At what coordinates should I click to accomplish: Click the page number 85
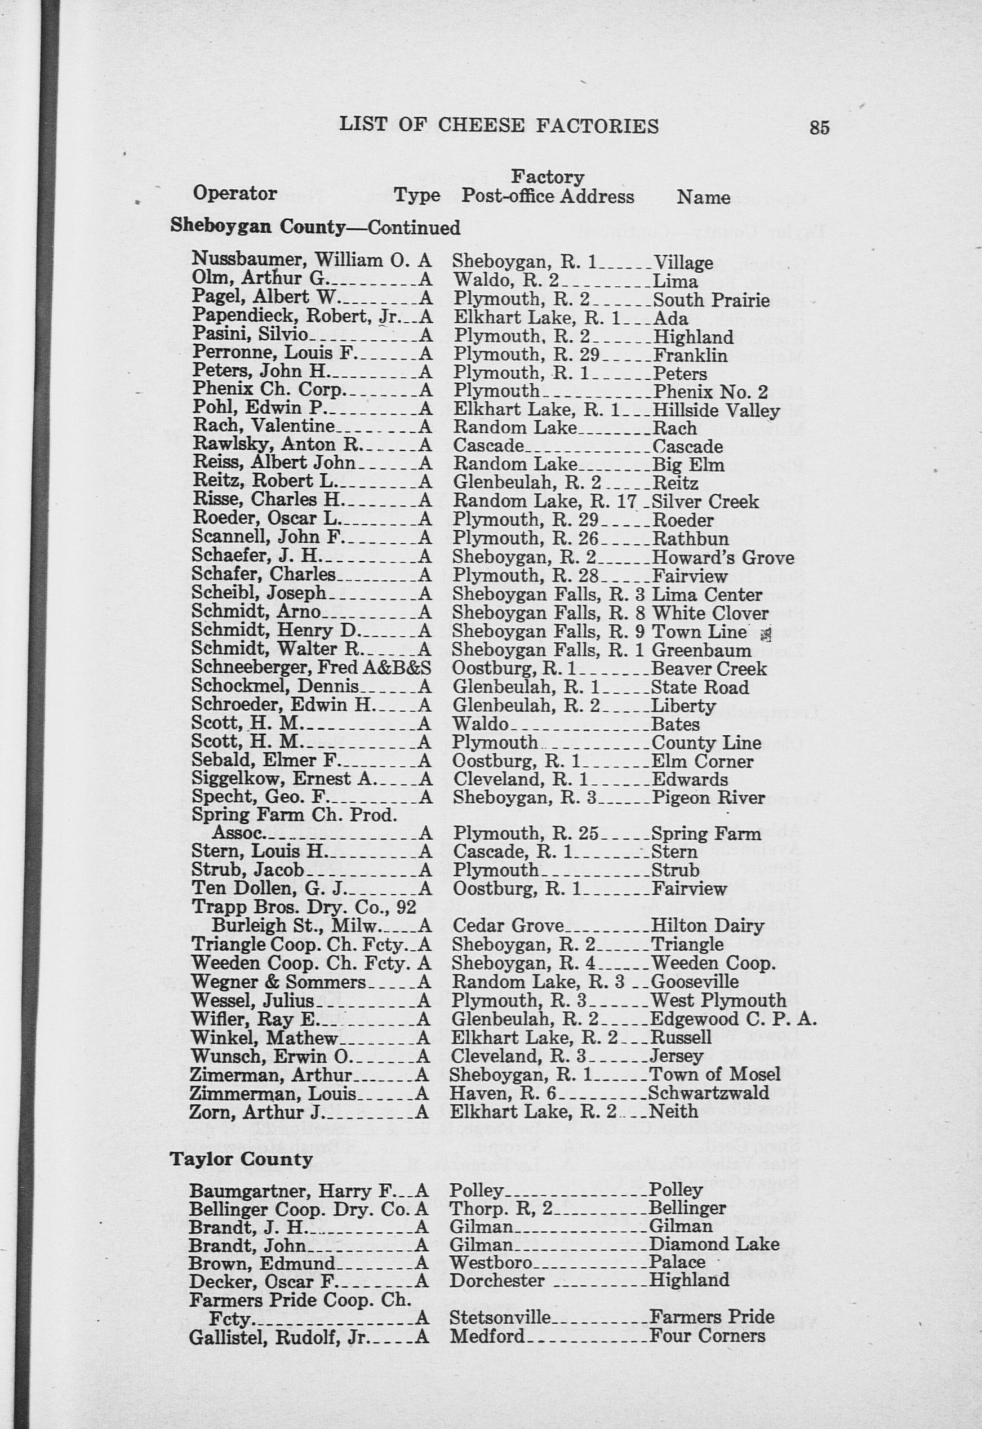[820, 127]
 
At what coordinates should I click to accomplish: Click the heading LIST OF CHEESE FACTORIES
[499, 126]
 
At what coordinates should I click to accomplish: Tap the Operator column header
[234, 194]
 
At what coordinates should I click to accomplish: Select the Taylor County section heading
[241, 1160]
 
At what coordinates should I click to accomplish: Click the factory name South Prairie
[710, 300]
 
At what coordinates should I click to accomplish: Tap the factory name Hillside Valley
[716, 410]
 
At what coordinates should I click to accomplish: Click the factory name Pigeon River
[708, 798]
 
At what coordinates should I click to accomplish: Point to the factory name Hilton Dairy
[707, 926]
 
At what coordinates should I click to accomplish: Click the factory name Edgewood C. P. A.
[733, 1019]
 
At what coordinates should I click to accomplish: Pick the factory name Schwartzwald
[708, 1093]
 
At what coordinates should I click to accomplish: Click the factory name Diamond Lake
[714, 1244]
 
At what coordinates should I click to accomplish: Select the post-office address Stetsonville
[500, 1317]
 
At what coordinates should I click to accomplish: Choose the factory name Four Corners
[708, 1336]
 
